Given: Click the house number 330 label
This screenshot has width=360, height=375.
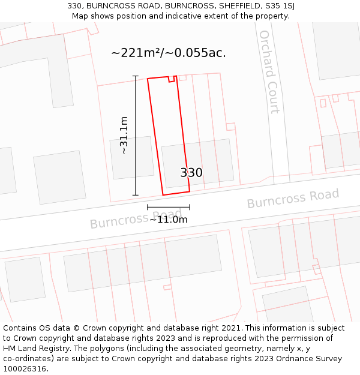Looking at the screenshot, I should click(191, 173).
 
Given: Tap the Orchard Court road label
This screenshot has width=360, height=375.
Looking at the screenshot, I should click(268, 72).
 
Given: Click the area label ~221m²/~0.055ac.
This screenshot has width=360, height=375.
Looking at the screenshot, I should click(169, 53).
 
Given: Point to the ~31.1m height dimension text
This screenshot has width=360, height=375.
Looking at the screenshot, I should click(124, 136).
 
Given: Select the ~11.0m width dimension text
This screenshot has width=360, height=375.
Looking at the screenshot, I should click(169, 220).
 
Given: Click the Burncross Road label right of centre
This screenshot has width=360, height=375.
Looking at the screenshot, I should click(293, 199).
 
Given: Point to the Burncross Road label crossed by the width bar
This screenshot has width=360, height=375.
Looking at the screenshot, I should click(136, 219).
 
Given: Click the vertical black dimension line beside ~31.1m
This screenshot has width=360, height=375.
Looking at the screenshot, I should click(136, 136).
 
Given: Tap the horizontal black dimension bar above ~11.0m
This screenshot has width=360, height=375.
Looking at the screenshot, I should click(169, 207).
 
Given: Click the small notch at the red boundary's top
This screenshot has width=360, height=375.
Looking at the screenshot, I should click(172, 79).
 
